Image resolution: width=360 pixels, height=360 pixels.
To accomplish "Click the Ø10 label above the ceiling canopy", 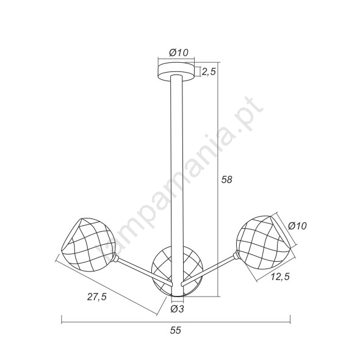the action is tap(179, 53).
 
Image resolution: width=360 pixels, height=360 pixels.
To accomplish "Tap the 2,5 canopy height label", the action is tap(209, 71).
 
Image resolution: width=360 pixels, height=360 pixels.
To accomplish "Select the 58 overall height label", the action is tap(227, 179).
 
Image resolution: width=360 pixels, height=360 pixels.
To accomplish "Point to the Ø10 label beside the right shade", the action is tap(297, 226).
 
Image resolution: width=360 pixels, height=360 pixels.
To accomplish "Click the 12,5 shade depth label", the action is tap(280, 276).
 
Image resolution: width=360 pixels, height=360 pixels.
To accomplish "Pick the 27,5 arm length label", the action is tap(97, 297).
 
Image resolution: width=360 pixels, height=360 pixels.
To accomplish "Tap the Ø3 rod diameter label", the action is tap(177, 309).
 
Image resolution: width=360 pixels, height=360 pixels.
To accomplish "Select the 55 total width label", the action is tap(176, 330).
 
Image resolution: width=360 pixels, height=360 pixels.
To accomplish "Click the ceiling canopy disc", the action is tap(176, 71).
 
